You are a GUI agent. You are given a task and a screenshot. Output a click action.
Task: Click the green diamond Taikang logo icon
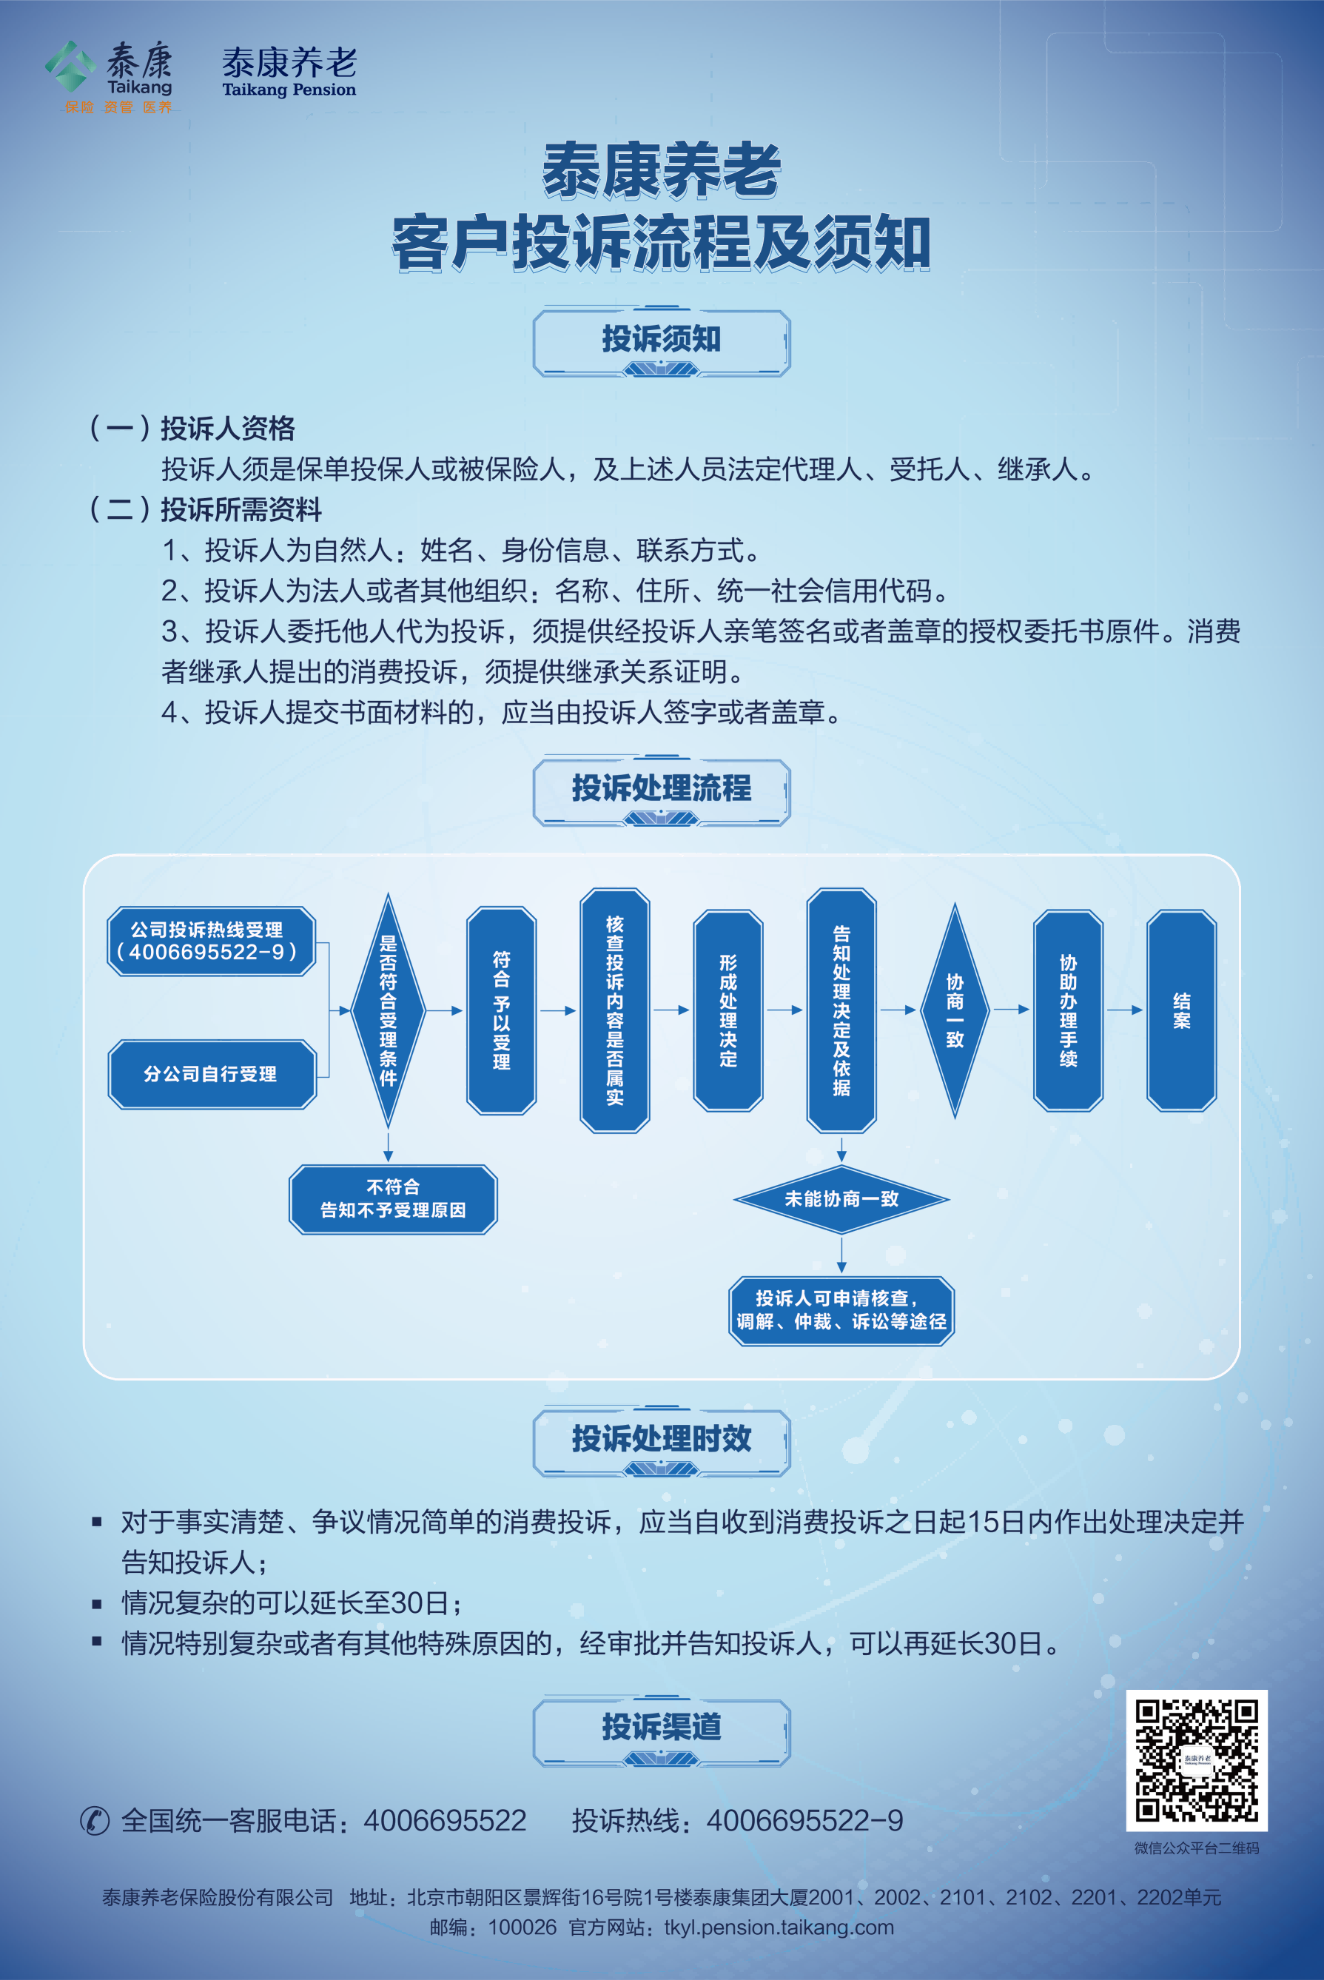point(70,66)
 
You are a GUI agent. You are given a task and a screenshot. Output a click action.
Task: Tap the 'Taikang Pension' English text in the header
point(289,90)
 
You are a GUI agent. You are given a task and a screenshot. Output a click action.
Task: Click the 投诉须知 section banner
point(661,341)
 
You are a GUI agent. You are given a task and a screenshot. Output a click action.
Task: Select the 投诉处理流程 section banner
point(661,791)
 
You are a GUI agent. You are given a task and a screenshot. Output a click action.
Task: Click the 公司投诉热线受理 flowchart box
point(211,942)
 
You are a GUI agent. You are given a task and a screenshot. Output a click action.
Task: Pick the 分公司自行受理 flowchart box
point(211,1074)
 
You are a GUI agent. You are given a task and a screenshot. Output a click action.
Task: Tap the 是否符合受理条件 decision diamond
point(388,1010)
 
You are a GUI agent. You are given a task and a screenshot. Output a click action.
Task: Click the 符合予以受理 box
point(502,1010)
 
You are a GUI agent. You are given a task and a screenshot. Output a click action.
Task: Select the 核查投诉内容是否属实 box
point(615,1010)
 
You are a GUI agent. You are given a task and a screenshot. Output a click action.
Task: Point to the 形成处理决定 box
point(727,1010)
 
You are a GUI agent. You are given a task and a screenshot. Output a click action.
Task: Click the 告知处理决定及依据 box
point(841,1010)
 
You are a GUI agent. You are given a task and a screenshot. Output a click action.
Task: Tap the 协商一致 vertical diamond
point(955,1010)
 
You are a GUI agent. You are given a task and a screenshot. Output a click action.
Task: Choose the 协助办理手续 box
point(1068,1010)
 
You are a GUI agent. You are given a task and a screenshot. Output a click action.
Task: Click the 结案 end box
point(1181,1010)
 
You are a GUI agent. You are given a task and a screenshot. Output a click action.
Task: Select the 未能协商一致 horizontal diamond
point(841,1199)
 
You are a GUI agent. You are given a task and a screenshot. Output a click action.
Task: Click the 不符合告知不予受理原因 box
point(393,1199)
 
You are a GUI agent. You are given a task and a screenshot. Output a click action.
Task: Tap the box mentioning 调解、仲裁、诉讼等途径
point(841,1310)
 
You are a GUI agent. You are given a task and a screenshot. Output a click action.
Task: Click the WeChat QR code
point(1197,1760)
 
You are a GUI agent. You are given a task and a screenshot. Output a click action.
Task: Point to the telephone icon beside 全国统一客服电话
point(95,1820)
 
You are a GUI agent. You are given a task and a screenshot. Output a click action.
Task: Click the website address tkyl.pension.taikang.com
point(779,1927)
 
